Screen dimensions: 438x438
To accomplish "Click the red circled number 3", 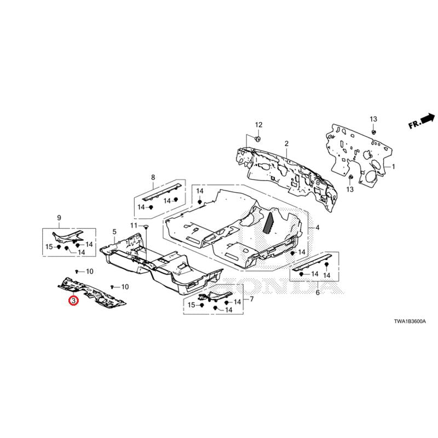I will tap(72, 301).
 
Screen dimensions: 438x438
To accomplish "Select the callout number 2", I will tap(286, 143).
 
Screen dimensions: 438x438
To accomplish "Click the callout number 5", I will tap(114, 232).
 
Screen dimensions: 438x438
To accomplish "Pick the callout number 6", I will tap(317, 293).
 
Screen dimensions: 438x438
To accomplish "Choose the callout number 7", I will tap(251, 299).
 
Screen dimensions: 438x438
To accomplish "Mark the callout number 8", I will tap(153, 177).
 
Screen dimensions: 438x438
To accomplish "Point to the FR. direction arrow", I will tap(421, 121).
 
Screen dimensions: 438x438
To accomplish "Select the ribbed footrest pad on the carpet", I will tap(269, 222).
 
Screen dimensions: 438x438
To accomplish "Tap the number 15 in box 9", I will tap(49, 247).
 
